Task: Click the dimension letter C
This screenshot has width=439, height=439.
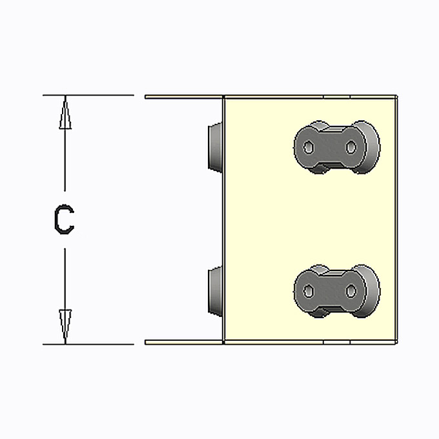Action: point(64,219)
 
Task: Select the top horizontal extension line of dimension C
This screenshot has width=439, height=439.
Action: point(88,95)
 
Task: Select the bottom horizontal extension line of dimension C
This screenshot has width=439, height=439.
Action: point(88,344)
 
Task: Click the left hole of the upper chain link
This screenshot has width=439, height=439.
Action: point(309,147)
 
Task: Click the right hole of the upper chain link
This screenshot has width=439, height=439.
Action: point(351,147)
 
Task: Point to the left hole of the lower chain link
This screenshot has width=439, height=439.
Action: point(309,291)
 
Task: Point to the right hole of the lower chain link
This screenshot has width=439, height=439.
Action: point(351,291)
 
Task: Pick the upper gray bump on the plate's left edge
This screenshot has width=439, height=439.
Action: point(215,147)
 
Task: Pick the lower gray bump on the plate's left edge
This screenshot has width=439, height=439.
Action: point(215,291)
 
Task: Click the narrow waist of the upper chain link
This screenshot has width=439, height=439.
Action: point(330,147)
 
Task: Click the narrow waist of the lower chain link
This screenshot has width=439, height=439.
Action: point(330,291)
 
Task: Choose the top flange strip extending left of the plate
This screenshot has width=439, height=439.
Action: point(184,97)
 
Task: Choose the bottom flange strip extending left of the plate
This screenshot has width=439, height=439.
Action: point(184,342)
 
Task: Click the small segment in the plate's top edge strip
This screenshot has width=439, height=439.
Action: point(337,97)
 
